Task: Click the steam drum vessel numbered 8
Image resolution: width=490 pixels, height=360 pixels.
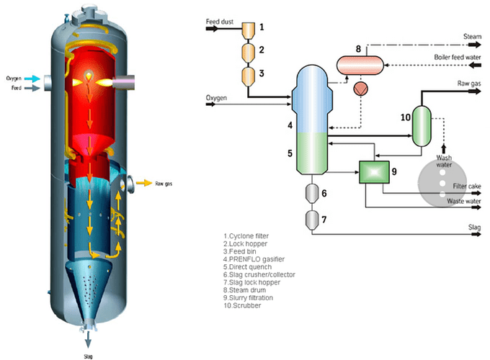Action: point(360,65)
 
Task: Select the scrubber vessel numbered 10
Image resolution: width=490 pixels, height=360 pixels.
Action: point(422,126)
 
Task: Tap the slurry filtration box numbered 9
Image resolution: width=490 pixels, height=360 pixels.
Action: point(374,172)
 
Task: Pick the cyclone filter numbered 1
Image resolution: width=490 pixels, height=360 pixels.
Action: point(249,30)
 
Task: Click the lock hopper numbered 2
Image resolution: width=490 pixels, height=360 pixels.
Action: point(249,52)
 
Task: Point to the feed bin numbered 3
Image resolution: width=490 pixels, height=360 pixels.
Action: point(249,76)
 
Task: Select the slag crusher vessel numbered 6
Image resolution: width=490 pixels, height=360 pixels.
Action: point(311,193)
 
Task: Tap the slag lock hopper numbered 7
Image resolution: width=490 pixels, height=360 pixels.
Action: point(311,220)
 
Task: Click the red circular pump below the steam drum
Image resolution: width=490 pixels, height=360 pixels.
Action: point(360,89)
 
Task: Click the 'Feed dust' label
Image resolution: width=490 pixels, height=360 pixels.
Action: point(219,22)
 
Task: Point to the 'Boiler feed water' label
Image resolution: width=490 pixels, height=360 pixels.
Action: point(457,57)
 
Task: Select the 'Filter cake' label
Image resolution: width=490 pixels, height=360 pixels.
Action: point(467,186)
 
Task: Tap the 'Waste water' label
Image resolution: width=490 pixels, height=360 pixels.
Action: point(464,201)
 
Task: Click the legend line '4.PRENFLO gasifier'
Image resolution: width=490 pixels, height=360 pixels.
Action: point(254,259)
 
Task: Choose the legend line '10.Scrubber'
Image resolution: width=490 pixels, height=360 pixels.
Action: point(242,305)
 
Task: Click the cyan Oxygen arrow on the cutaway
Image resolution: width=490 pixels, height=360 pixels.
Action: point(32,78)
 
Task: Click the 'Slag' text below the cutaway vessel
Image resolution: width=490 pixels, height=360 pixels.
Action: point(88,356)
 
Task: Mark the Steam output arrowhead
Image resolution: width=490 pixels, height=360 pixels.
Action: point(476,45)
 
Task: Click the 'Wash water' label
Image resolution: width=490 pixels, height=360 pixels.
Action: point(444,161)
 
